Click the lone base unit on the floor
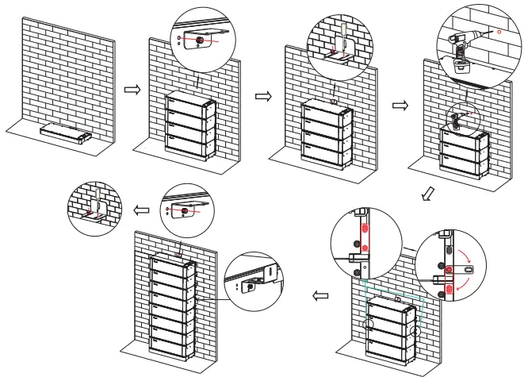(67, 133)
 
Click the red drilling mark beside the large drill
(499, 33)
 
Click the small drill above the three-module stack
(458, 120)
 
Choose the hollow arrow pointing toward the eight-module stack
(320, 296)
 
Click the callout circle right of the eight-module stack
(252, 281)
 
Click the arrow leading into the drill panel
(400, 103)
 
